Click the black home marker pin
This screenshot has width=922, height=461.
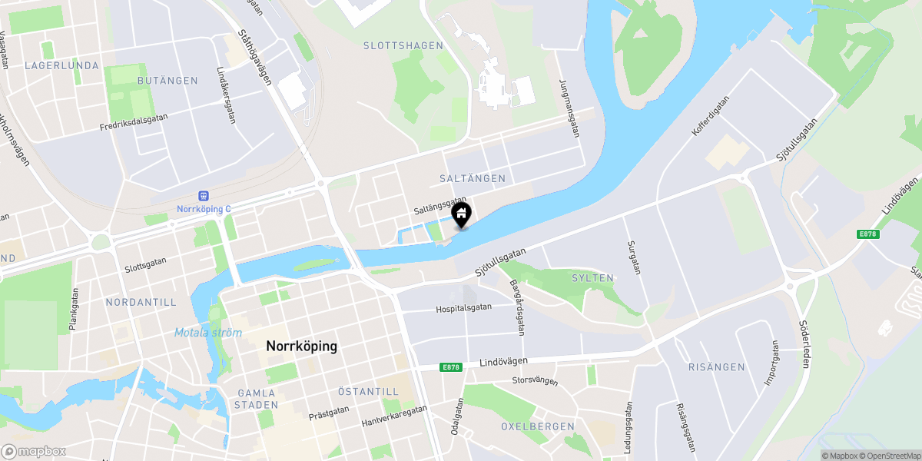click(462, 215)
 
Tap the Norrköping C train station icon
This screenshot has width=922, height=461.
click(204, 197)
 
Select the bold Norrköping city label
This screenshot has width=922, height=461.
click(301, 347)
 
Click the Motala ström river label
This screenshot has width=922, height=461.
click(207, 333)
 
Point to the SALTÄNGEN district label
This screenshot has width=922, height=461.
click(473, 178)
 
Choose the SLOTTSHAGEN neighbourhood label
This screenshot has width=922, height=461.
click(403, 46)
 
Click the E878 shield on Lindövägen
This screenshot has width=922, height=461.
click(452, 367)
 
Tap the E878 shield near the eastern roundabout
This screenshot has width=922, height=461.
click(868, 234)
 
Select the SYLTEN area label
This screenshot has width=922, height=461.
click(592, 278)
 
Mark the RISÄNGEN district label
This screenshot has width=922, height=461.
click(716, 367)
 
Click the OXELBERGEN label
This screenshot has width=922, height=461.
click(538, 426)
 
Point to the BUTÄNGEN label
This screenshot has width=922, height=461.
click(167, 81)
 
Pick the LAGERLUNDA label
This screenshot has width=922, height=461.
click(61, 66)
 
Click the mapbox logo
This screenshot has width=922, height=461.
click(34, 451)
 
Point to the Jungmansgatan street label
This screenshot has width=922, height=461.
click(569, 108)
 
